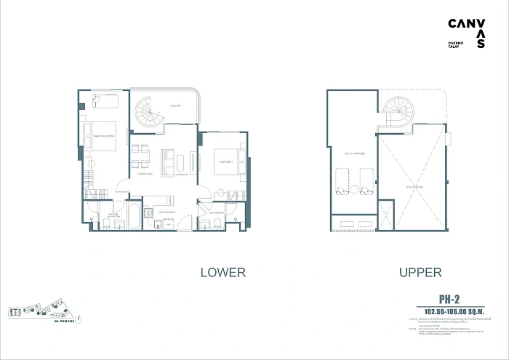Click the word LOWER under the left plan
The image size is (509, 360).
coord(223,273)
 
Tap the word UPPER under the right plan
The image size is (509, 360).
coord(420,273)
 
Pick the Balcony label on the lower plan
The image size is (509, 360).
coord(175,106)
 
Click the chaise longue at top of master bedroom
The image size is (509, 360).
coord(102,101)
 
